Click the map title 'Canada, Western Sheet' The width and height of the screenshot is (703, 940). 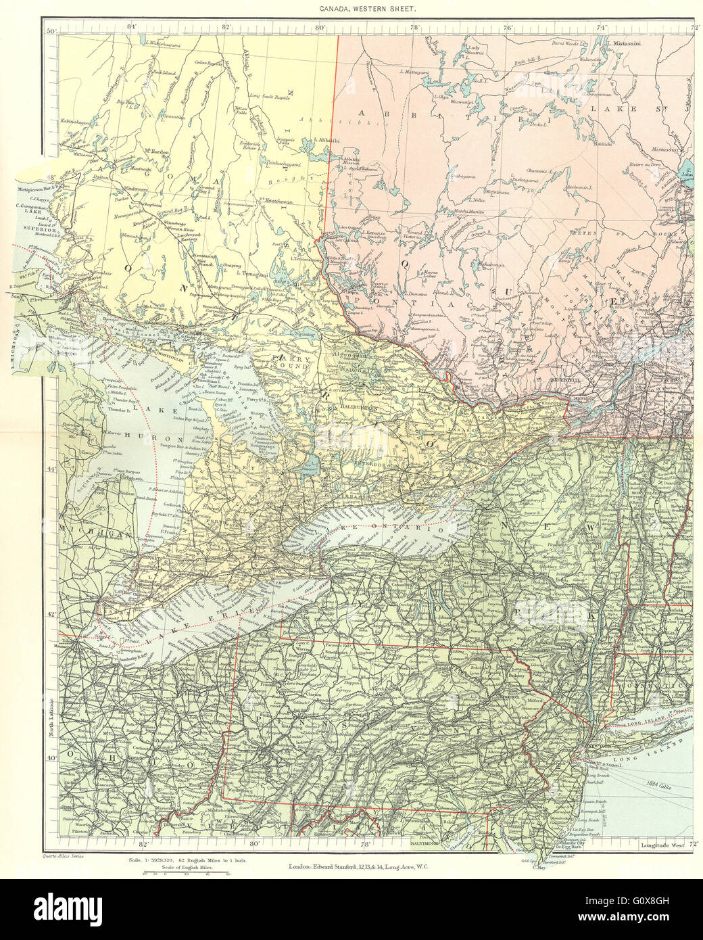pos(351,10)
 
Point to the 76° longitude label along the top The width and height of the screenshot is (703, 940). pos(507,27)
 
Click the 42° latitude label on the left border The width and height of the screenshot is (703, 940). pos(51,614)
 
